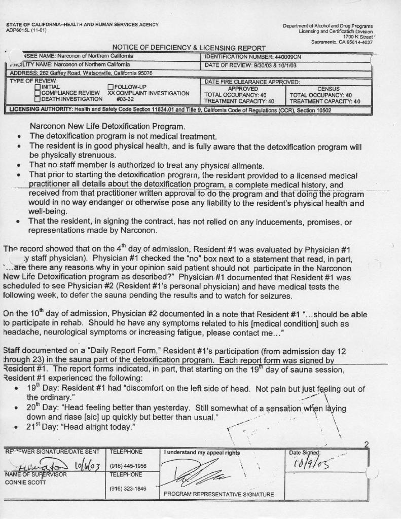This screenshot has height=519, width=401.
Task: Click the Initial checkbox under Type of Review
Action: (x=38, y=87)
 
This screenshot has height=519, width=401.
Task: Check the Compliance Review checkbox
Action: (x=38, y=93)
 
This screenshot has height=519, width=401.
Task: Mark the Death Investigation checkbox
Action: (x=38, y=99)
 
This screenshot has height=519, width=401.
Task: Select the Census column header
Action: (x=329, y=88)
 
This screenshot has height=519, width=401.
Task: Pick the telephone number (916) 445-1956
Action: (x=128, y=466)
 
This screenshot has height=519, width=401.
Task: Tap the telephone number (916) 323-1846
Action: (x=128, y=489)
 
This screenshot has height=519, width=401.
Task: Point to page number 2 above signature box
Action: (x=366, y=444)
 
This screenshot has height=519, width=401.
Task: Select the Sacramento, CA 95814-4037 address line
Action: (x=342, y=42)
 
